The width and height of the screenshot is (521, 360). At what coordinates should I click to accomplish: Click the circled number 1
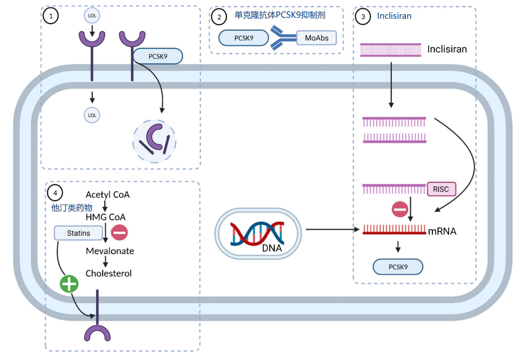(51, 16)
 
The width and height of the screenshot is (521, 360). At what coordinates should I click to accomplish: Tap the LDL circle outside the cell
(92, 16)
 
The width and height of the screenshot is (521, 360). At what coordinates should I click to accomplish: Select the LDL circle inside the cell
(92, 115)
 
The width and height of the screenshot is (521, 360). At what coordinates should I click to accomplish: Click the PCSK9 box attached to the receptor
(157, 56)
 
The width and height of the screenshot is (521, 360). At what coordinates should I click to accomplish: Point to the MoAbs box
(316, 38)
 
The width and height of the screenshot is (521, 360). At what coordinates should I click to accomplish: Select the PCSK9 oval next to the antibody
(244, 38)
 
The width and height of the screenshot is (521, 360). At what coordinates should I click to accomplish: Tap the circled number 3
(363, 17)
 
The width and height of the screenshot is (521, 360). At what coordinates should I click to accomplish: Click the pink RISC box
(441, 189)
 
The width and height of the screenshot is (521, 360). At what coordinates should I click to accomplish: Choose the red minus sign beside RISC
(399, 209)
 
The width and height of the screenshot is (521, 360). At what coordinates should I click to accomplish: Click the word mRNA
(442, 231)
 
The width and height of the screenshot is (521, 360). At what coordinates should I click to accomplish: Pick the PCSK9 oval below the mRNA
(398, 267)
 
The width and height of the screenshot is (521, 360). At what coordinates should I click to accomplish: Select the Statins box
(78, 233)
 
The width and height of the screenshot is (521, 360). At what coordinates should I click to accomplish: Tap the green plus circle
(69, 284)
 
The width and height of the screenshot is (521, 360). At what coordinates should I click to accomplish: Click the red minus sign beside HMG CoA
(119, 232)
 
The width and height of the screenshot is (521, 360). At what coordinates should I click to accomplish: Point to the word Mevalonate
(110, 251)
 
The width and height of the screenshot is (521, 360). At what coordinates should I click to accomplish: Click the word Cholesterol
(108, 273)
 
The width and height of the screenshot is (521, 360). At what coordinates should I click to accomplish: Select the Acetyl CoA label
(107, 194)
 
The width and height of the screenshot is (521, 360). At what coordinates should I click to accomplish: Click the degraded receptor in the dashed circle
(154, 139)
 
